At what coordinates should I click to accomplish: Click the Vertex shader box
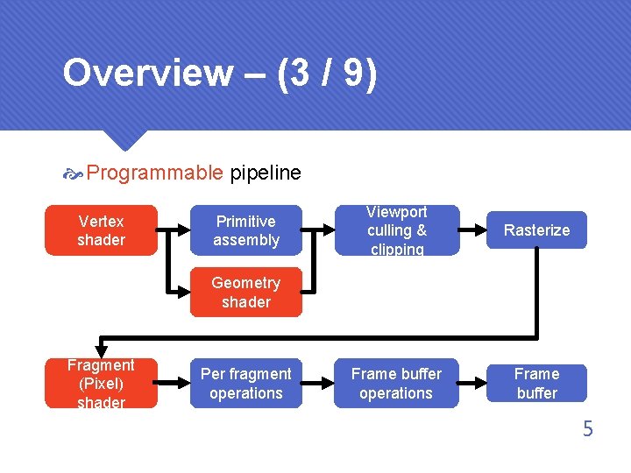point(101,230)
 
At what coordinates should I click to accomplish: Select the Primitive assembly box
point(246,230)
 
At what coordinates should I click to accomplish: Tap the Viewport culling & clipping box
point(396,230)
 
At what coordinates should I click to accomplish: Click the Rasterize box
point(536,230)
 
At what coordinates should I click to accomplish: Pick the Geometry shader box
point(246,293)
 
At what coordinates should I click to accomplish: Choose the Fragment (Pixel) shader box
point(101,384)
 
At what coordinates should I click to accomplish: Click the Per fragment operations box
point(246,384)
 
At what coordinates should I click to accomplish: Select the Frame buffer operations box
point(396,384)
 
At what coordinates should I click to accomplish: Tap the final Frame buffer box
point(536,384)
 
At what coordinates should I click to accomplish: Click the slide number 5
point(587,429)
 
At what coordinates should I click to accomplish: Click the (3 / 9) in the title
point(327,74)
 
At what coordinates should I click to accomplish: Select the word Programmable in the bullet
point(155,173)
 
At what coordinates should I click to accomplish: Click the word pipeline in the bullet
point(266,173)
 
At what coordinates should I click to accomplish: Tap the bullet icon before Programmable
point(73,173)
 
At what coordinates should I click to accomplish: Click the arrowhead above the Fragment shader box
point(101,349)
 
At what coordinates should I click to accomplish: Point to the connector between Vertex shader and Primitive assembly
point(174,230)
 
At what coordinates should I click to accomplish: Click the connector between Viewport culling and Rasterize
point(472,230)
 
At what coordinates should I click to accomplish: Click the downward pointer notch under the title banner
point(123,140)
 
